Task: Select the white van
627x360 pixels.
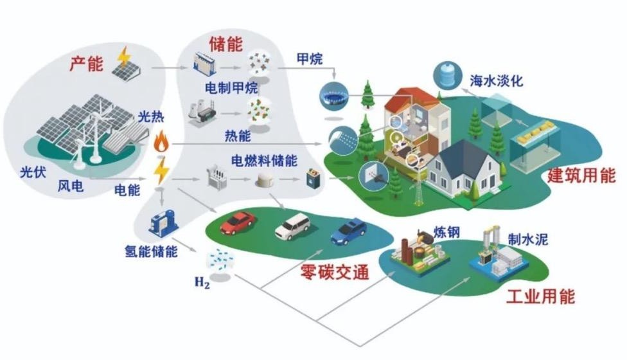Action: point(292,225)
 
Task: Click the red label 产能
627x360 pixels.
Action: point(87,64)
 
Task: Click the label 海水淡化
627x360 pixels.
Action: point(497,82)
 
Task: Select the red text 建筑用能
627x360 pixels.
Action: point(581,176)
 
